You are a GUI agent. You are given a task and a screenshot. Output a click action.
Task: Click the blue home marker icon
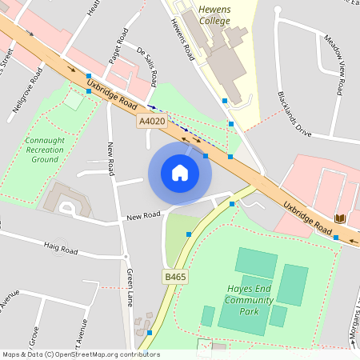tap(180, 173)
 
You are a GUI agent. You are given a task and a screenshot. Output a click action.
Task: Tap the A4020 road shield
tap(151, 122)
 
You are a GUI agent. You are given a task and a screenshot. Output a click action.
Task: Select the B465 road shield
tap(175, 277)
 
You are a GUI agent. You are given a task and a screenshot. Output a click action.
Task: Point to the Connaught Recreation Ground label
tap(45, 150)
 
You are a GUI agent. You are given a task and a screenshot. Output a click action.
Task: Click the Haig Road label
tap(61, 250)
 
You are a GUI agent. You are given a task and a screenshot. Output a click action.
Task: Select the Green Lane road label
tap(129, 288)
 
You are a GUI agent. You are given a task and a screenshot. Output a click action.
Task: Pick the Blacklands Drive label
tap(294, 115)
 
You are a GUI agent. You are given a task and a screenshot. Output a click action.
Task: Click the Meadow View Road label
tap(335, 61)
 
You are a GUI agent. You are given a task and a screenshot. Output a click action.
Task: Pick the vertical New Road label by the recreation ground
tap(111, 160)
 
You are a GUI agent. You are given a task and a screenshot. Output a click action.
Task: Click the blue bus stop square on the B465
tap(189, 234)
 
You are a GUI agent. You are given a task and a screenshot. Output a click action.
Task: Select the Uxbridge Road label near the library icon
tap(307, 217)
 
